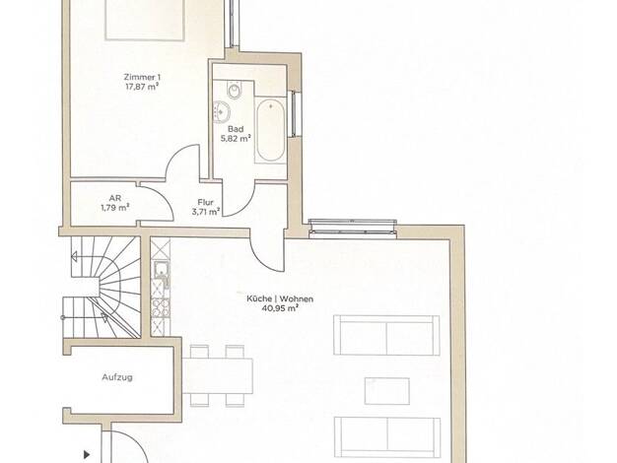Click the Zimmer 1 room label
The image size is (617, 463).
pos(142,77)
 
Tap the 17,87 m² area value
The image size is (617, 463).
pos(142,87)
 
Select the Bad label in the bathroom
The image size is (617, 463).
pos(236,129)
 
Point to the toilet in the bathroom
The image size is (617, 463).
pos(235,91)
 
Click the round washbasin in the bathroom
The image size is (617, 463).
pos(222,111)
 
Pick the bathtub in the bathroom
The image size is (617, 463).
pos(270,130)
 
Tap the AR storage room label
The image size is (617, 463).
pos(115,198)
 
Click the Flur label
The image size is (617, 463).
pos(205,202)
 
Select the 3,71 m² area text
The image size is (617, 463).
pos(205,212)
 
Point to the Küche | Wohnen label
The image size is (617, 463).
pos(280,298)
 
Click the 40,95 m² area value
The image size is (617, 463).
pos(280,308)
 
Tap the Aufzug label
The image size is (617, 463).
pos(117,377)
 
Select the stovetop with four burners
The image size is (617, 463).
pos(161,308)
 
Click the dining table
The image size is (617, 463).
pos(218,376)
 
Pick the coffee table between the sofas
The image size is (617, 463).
pos(386,391)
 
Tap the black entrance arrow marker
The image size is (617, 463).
pos(87,455)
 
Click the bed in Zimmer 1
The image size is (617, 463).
pos(145,20)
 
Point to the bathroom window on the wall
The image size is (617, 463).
pos(294,113)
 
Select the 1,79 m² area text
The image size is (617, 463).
pos(115,208)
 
